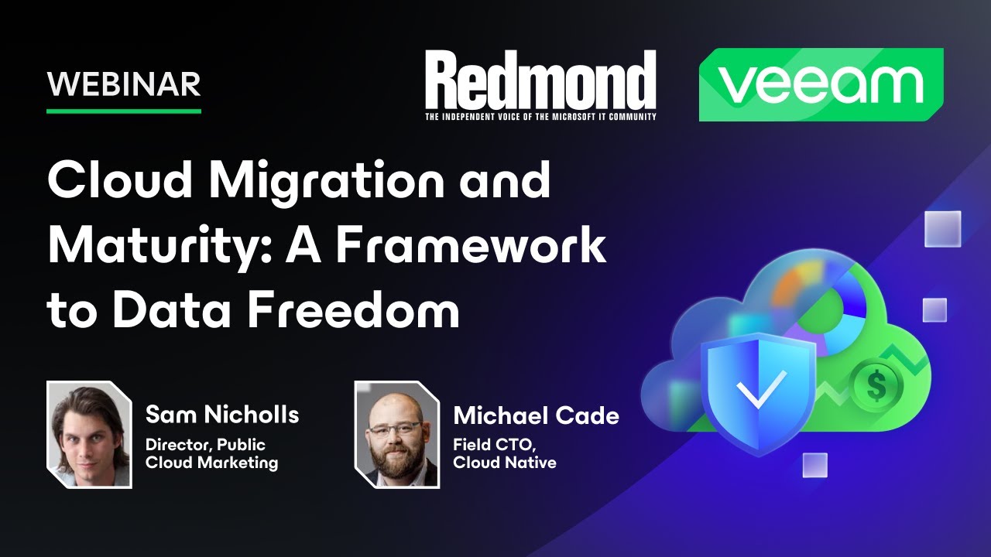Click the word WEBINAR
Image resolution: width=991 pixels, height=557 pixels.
[x=124, y=84]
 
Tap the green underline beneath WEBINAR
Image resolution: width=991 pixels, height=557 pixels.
[x=124, y=111]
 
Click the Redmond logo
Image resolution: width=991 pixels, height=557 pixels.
[x=540, y=80]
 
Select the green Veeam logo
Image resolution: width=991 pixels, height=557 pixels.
[x=821, y=84]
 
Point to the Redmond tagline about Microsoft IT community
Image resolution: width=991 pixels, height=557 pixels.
[x=540, y=117]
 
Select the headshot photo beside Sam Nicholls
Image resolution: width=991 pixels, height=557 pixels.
[x=89, y=434]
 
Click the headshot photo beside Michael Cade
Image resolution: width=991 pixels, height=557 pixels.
[x=396, y=434]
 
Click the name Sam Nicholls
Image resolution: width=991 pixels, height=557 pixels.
[x=222, y=415]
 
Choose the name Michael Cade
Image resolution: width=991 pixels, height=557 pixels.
[x=536, y=415]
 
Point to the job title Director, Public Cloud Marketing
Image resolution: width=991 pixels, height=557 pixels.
[x=211, y=454]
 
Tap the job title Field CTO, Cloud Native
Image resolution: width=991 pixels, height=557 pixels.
[x=504, y=454]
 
